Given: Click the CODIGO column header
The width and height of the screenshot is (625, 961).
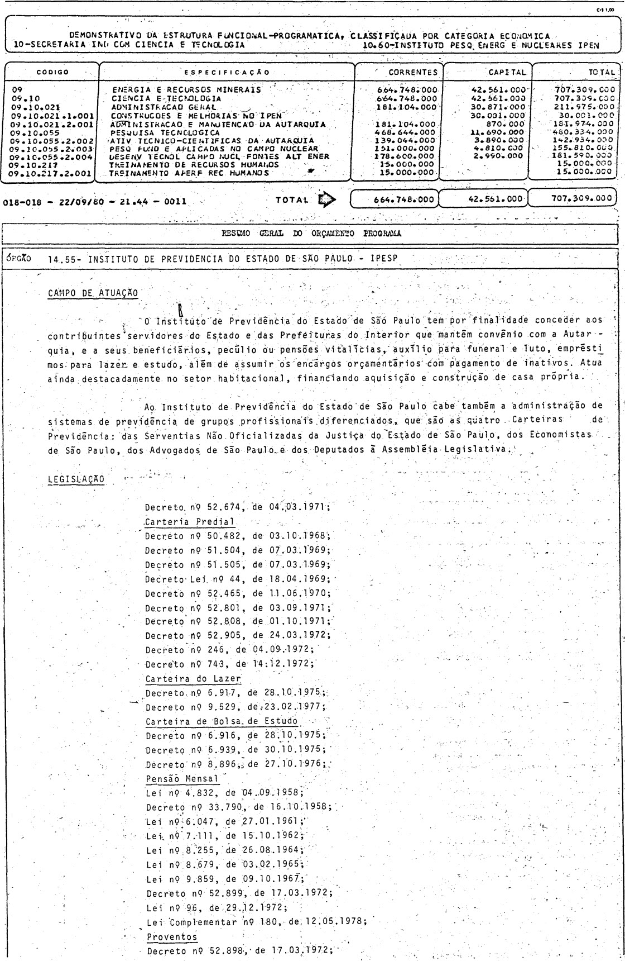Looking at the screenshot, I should (52, 72).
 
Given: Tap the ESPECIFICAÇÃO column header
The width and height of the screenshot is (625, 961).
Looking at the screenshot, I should (227, 72).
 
